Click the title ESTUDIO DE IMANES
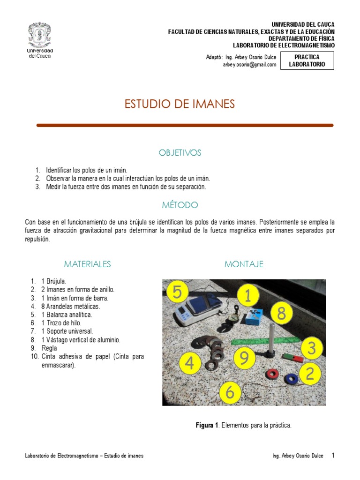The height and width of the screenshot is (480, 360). tap(180, 104)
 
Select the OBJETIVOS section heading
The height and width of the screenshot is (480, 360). tap(180, 153)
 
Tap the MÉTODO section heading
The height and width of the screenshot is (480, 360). tap(180, 205)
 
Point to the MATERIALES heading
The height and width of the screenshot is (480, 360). tap(87, 264)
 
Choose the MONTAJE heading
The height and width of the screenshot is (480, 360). tap(244, 264)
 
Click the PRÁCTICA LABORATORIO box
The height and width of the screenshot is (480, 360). tap(307, 60)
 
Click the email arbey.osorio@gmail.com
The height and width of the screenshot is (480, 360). tap(250, 65)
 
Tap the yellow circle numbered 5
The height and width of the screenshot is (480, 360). tap(177, 293)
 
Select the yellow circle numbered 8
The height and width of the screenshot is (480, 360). tap(281, 314)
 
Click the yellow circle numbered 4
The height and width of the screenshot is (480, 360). tap(189, 363)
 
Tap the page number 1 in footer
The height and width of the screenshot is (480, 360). tap(333, 455)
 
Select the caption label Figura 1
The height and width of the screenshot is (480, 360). tap(207, 425)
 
